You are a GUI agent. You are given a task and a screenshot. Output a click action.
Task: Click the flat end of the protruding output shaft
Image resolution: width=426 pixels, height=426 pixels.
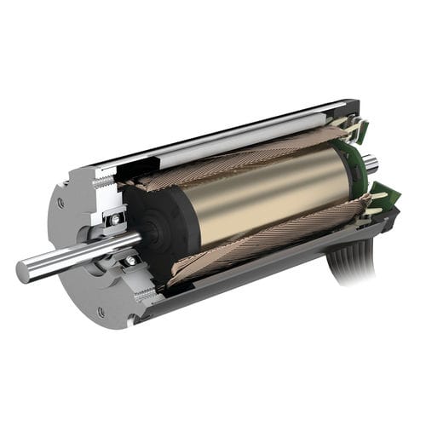pos(24,272)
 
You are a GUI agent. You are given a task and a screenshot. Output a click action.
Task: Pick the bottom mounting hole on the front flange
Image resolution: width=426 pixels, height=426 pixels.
pos(101,313)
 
